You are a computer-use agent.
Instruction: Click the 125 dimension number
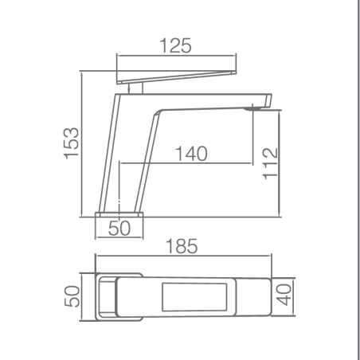pyautogui.click(x=175, y=45)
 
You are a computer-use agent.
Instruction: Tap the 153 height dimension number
pyautogui.click(x=71, y=143)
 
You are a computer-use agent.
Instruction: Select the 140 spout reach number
pyautogui.click(x=191, y=154)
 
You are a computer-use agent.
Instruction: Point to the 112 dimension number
pyautogui.click(x=270, y=163)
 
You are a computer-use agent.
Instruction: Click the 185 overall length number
pyautogui.click(x=182, y=246)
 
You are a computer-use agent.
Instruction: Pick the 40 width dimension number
pyautogui.click(x=284, y=295)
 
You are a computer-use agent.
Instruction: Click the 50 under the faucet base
pyautogui.click(x=119, y=228)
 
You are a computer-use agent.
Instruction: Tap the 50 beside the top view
pyautogui.click(x=72, y=296)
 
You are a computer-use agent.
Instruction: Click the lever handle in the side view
pyautogui.click(x=177, y=77)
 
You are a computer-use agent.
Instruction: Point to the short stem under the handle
pyautogui.click(x=135, y=88)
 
